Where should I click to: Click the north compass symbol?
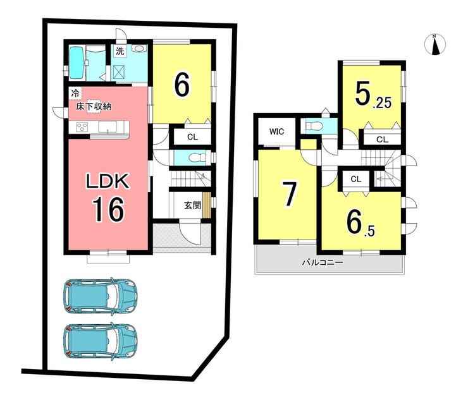click(x=435, y=45)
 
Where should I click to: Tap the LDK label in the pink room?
click(x=108, y=181)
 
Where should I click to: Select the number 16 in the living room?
click(x=108, y=210)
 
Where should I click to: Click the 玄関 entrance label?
click(x=192, y=205)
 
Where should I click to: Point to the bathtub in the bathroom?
click(x=77, y=63)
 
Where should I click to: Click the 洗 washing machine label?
click(x=120, y=51)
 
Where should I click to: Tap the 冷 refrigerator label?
click(x=75, y=93)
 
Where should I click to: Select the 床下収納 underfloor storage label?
click(x=94, y=107)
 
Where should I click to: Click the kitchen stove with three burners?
click(x=82, y=128)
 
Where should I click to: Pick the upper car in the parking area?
click(x=101, y=296)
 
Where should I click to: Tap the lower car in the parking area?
click(x=101, y=341)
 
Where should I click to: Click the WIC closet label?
click(x=276, y=131)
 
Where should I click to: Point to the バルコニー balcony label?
click(x=323, y=262)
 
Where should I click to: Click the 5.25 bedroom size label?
click(x=373, y=95)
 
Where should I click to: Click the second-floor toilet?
click(x=314, y=126)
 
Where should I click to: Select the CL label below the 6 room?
click(x=192, y=137)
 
